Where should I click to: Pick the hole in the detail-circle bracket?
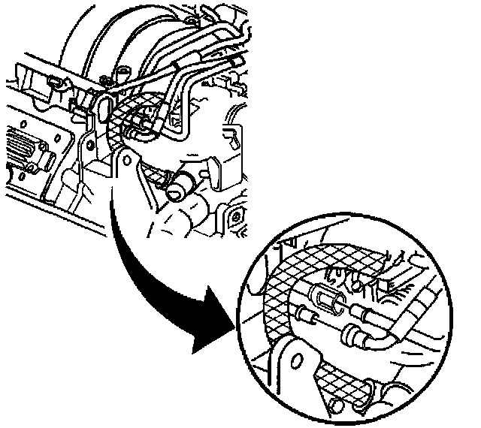298,363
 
